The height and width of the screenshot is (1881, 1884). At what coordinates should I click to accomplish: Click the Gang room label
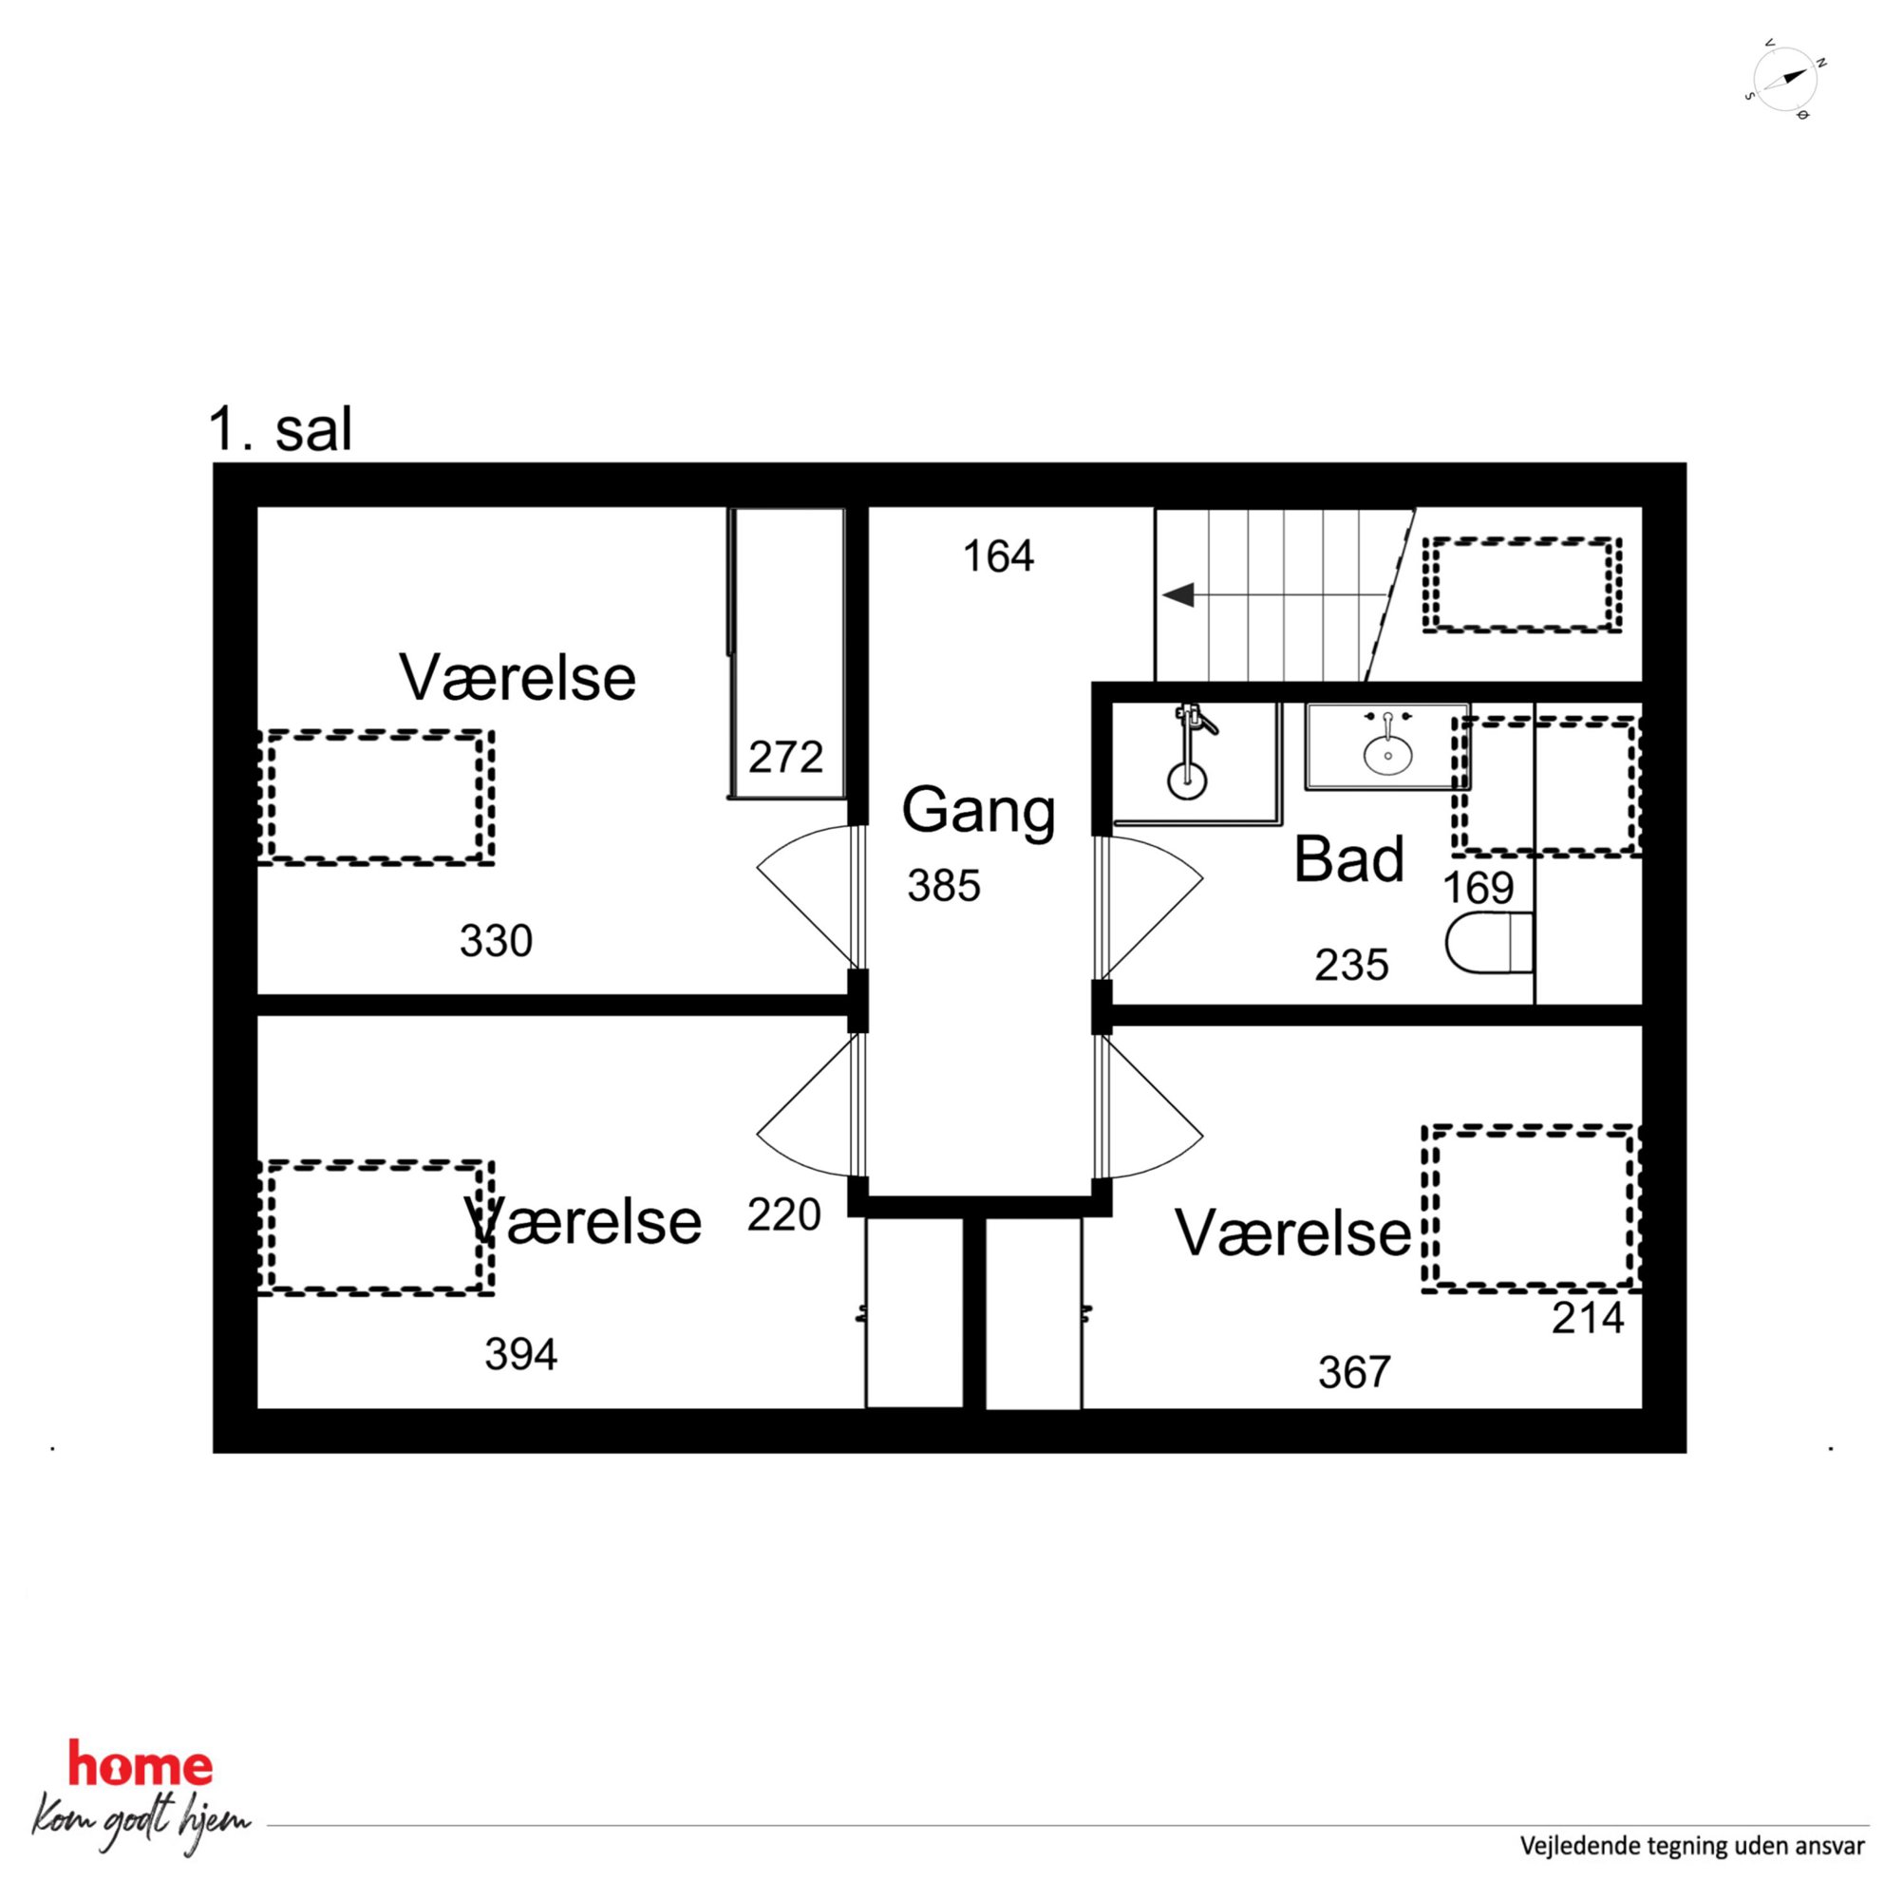point(978,812)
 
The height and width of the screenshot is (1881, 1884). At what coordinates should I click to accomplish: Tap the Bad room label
point(1348,859)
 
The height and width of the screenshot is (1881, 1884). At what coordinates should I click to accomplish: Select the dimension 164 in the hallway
point(998,556)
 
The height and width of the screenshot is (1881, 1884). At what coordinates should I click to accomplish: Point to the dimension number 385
point(943,885)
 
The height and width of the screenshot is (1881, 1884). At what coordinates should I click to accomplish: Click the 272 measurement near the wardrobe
point(785,758)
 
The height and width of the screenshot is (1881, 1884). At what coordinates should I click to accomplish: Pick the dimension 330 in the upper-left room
point(496,941)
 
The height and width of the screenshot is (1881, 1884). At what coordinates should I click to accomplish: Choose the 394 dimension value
point(520,1354)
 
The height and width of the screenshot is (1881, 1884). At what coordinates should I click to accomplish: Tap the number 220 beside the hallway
point(784,1215)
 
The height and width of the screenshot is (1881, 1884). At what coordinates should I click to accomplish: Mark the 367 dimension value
point(1353,1373)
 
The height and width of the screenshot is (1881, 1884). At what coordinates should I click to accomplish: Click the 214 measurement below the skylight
point(1588,1319)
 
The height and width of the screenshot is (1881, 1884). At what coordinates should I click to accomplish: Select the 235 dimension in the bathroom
point(1350,966)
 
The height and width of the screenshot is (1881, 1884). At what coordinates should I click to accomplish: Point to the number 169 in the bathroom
point(1479,888)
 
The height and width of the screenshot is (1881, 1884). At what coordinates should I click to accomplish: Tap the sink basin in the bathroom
point(1387,755)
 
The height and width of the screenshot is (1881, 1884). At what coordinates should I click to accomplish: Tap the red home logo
point(140,1766)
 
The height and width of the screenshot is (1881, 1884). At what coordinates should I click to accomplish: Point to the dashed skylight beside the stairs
point(1521,584)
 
